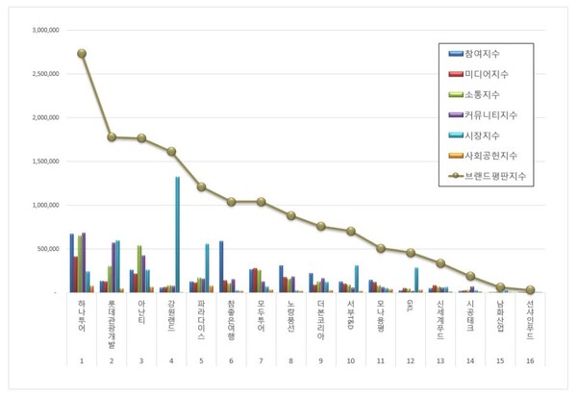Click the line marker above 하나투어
[83, 54]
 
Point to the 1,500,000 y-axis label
[44, 160]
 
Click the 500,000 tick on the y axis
[48, 248]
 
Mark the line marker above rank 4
[172, 152]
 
